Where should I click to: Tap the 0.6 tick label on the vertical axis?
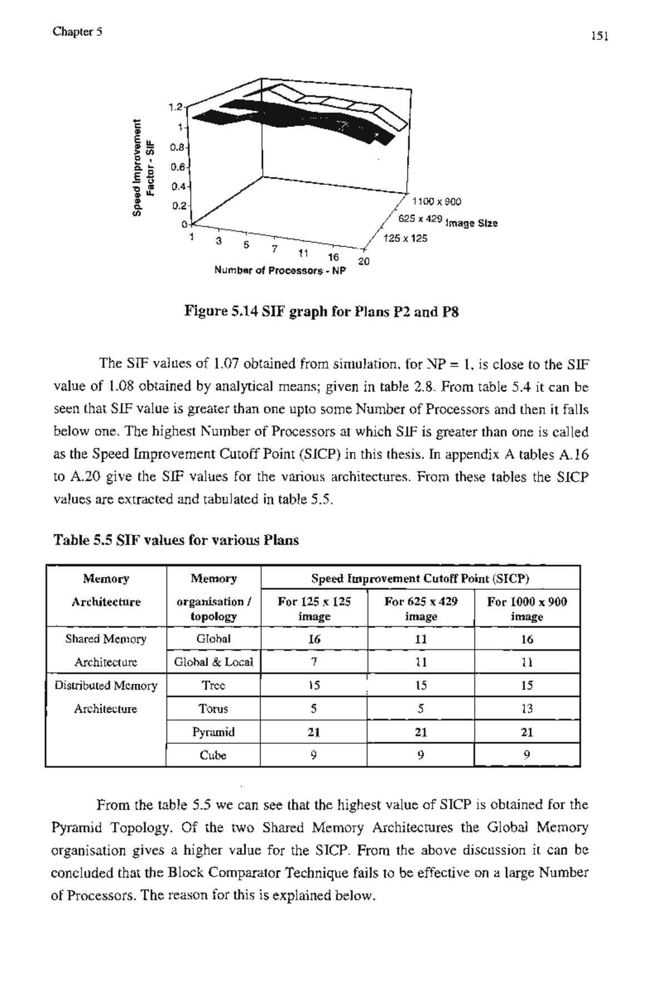coord(178,167)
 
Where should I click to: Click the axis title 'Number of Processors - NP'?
coord(280,271)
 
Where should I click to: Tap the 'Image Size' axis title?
coord(471,223)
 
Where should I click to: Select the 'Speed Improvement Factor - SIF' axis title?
coord(144,167)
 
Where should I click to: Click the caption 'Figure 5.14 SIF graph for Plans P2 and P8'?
coord(322,312)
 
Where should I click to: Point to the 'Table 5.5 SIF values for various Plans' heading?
coord(176,540)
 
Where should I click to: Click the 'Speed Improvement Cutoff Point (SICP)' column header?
coord(420,579)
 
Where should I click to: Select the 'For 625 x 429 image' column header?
coord(421,609)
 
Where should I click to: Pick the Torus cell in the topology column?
coord(213,709)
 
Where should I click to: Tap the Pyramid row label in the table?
coord(213,732)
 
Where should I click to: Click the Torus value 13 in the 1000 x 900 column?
coord(527,709)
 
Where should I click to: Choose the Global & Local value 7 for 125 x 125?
coord(314,662)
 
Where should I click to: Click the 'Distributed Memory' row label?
coord(106,686)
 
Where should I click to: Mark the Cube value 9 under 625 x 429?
coord(421,755)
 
